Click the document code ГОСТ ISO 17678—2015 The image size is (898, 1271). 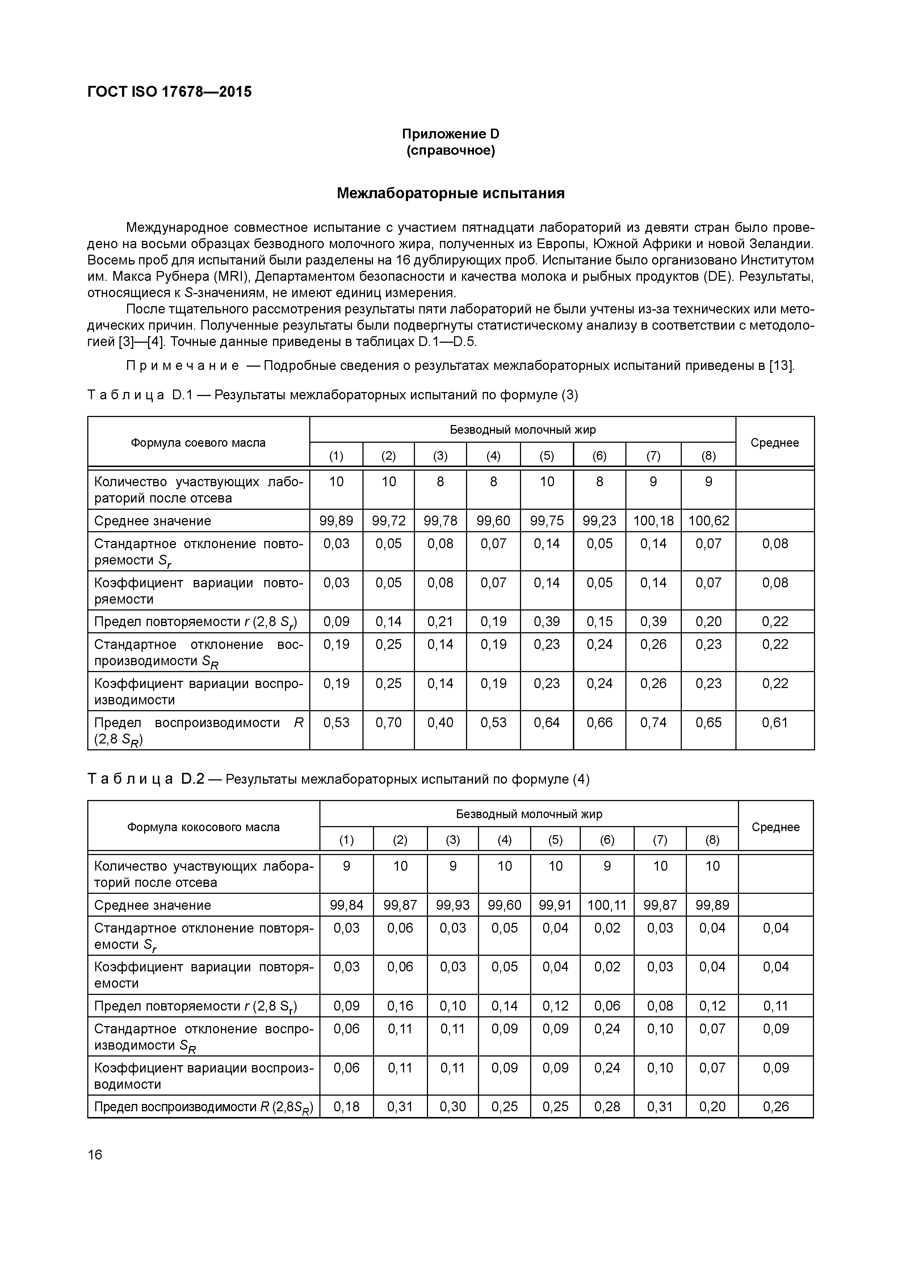[169, 92]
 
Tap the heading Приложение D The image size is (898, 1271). [450, 134]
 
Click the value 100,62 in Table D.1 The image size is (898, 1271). [708, 521]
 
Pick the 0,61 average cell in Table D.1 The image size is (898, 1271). [775, 722]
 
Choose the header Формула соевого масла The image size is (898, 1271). [198, 443]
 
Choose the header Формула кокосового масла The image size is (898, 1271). [203, 827]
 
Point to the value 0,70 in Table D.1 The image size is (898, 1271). [389, 722]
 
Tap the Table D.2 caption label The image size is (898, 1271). [146, 779]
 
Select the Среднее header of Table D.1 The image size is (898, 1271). [775, 443]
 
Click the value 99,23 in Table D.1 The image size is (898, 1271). [600, 521]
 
